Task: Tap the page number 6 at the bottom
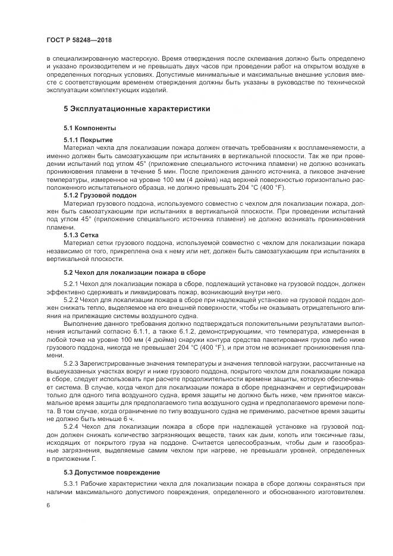coord(48,505)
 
